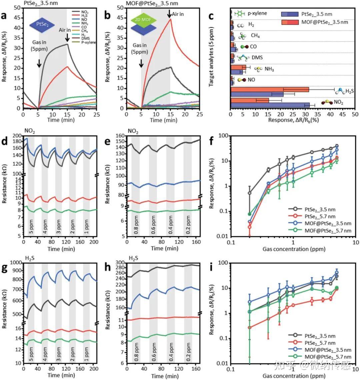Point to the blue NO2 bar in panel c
270,105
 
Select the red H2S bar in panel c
270,90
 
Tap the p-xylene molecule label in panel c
258,14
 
